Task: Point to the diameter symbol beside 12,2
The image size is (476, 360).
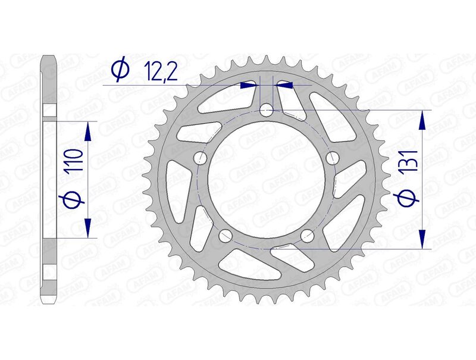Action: (120, 70)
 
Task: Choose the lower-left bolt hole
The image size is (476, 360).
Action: (226, 236)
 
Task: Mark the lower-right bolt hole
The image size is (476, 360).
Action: (308, 236)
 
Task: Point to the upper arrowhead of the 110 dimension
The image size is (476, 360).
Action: (87, 132)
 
